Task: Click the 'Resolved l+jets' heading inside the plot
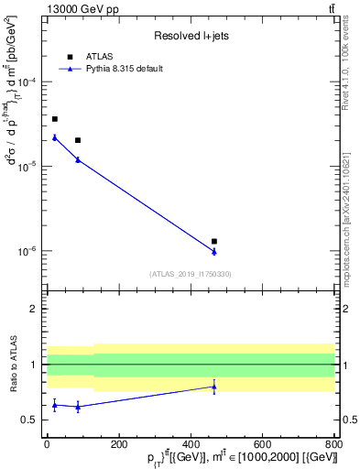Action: (191, 36)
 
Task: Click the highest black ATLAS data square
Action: (55, 119)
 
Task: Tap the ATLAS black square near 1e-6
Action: (214, 241)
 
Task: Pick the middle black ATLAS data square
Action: (78, 140)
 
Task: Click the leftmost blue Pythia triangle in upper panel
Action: (55, 137)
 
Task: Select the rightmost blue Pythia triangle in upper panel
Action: (214, 251)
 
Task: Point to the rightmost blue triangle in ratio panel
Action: (214, 387)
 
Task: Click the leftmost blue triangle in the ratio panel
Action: (55, 404)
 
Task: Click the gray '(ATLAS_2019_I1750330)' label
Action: (191, 274)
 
